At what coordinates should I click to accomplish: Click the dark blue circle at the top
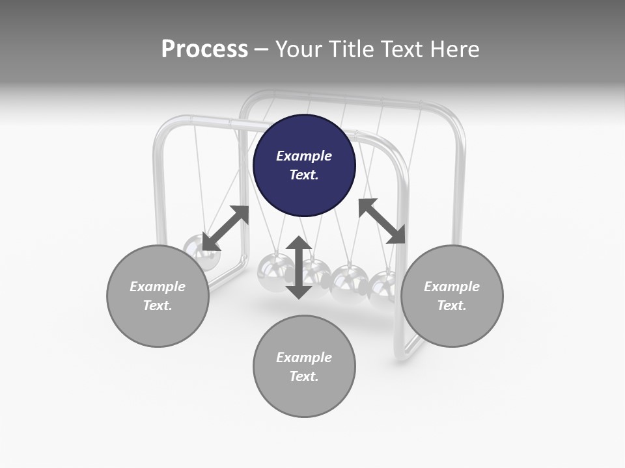coord(304,165)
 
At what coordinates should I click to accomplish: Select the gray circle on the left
coord(158,296)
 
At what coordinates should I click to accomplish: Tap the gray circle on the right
coord(452,296)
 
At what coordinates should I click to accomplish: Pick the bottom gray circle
coord(304,367)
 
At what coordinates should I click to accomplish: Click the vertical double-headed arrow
coord(299,267)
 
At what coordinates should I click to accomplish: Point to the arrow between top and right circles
coord(382,221)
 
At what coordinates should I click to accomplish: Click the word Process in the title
coord(204,49)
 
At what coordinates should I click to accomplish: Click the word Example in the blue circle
coord(304,156)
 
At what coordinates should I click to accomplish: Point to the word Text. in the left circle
coord(158,305)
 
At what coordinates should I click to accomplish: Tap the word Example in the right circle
coord(452,287)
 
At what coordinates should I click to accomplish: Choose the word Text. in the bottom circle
coord(304,376)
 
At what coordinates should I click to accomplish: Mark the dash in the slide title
coord(262,49)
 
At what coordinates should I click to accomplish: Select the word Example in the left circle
coord(158,287)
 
